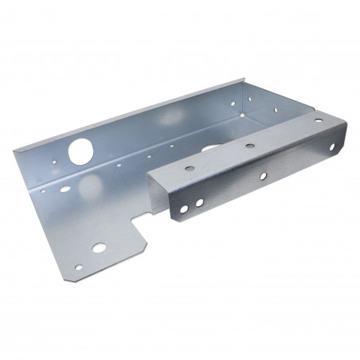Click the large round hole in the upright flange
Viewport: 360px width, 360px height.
coord(82,149)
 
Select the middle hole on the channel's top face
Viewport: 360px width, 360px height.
coord(250,146)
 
